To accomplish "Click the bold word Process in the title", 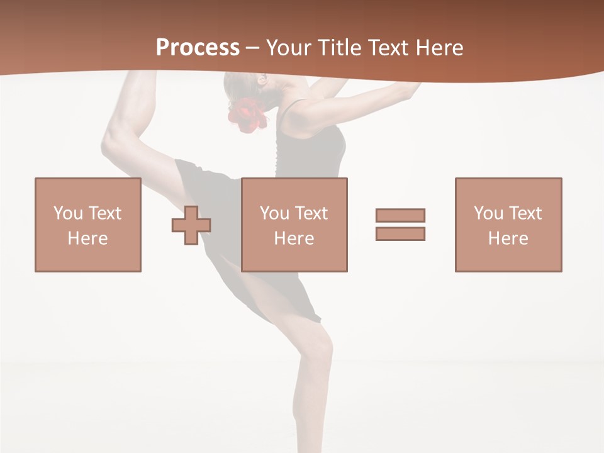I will [198, 48].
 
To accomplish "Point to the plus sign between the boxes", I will [191, 225].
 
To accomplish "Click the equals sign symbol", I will [400, 225].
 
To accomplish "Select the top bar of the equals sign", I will [400, 215].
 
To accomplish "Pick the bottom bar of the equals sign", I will [400, 234].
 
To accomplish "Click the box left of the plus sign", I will [87, 225].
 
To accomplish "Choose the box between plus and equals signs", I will [294, 225].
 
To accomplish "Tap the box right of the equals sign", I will [508, 225].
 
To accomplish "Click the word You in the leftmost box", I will [68, 213].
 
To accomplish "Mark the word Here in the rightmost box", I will [508, 238].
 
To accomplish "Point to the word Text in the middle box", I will [311, 213].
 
